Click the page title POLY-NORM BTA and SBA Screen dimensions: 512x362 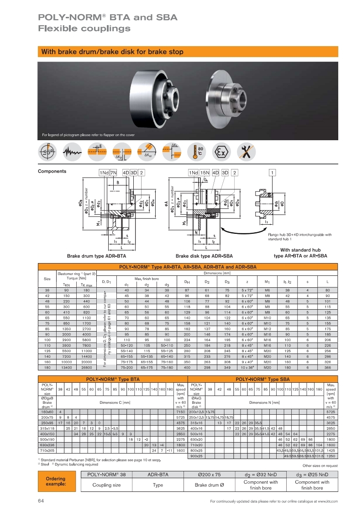(x=108, y=18)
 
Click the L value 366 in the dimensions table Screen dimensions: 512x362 (x=327, y=354)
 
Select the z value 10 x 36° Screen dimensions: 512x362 (x=248, y=354)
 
